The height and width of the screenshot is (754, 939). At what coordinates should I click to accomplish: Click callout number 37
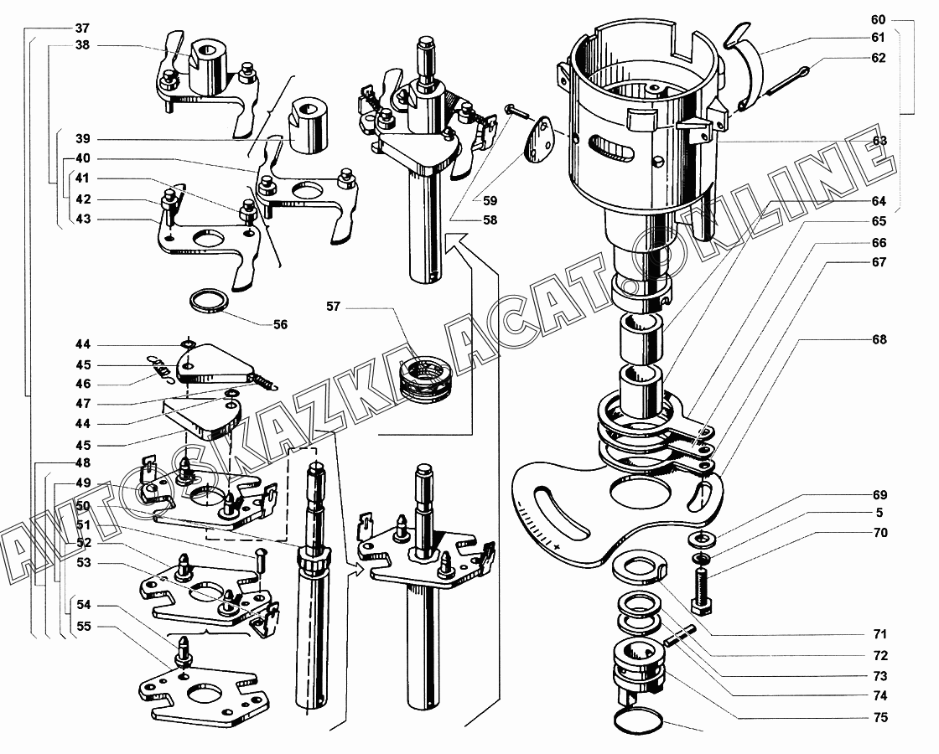(82, 28)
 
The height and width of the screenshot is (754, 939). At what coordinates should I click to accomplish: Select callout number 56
(280, 324)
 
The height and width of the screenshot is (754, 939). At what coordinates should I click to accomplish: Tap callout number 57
(333, 307)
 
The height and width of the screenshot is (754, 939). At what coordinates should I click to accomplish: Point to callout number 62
(878, 58)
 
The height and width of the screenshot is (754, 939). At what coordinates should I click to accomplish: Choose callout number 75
(879, 717)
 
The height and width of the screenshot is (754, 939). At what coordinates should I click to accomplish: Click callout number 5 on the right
(879, 512)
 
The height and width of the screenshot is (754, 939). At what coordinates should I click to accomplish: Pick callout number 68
(879, 339)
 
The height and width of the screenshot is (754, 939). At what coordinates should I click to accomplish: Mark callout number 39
(83, 139)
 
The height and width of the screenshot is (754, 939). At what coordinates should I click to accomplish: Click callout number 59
(490, 200)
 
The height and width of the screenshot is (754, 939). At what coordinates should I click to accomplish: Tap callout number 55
(84, 627)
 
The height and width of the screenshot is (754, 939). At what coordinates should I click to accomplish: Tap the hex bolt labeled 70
(702, 591)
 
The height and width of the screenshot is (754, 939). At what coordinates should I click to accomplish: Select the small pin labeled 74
(678, 636)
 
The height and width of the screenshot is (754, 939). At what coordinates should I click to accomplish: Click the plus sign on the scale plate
(558, 547)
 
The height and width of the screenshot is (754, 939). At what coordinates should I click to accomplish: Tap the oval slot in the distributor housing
(611, 147)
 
